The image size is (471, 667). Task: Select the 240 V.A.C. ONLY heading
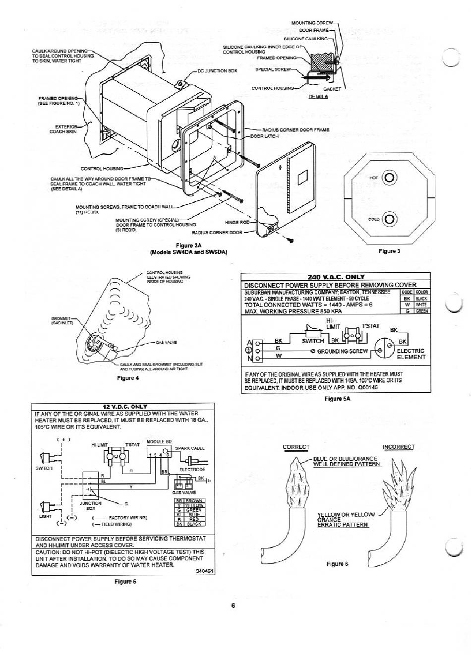[x=336, y=277]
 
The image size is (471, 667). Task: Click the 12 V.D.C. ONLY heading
[x=123, y=407]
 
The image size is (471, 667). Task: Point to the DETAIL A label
[x=318, y=97]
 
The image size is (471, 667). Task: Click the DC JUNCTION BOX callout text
[x=217, y=71]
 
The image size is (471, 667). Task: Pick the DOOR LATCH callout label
[x=264, y=135]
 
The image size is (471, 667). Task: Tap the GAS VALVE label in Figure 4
[x=166, y=342]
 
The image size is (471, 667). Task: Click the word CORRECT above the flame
[x=295, y=447]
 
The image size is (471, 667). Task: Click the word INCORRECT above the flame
[x=399, y=447]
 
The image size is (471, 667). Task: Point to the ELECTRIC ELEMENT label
[x=411, y=354]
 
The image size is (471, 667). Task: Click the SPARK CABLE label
[x=186, y=448]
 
